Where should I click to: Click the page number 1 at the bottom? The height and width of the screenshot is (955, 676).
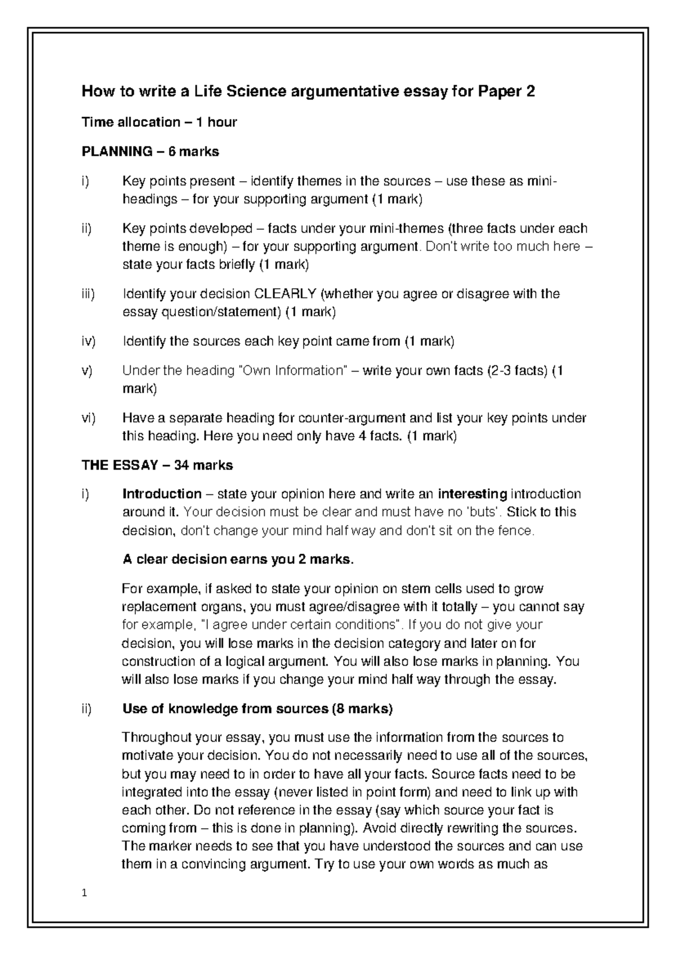click(x=84, y=893)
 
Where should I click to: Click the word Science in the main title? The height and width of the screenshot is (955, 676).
click(x=257, y=91)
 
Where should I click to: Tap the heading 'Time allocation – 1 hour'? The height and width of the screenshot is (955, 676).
click(x=159, y=122)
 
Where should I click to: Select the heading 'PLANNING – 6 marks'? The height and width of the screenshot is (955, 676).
click(x=150, y=151)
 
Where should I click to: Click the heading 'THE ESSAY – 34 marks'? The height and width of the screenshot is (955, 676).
click(x=157, y=465)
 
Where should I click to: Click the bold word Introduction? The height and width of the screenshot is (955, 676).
click(x=162, y=494)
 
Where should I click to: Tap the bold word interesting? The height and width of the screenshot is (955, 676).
click(x=473, y=494)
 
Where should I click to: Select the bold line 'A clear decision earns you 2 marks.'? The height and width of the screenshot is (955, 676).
click(x=239, y=560)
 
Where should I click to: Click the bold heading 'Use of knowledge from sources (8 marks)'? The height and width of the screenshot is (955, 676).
click(x=257, y=709)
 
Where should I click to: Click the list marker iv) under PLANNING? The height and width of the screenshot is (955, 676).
click(x=88, y=341)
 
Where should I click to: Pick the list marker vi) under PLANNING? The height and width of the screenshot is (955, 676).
click(x=88, y=418)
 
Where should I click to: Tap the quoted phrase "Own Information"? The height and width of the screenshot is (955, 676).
click(x=292, y=371)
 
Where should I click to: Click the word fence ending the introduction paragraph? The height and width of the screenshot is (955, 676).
click(x=515, y=530)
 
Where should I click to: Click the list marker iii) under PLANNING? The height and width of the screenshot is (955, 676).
click(x=88, y=294)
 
